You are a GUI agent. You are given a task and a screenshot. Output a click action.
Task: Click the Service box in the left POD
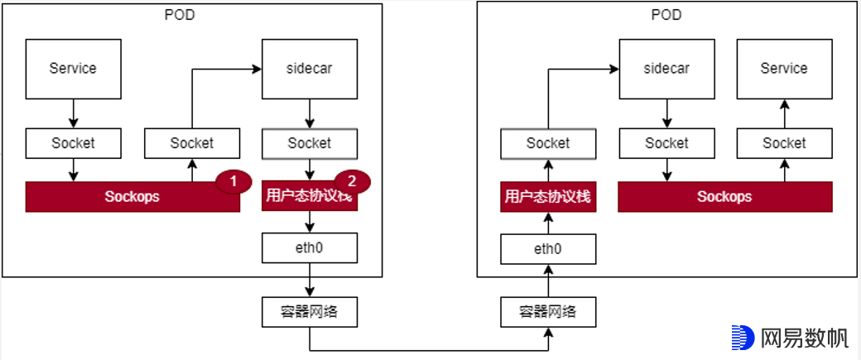point(73,69)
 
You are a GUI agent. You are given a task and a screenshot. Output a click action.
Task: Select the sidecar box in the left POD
point(310,69)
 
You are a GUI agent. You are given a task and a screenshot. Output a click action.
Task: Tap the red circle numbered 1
point(233,180)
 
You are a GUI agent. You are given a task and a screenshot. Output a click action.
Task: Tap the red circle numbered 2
point(352,180)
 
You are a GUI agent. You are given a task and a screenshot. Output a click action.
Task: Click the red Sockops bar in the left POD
point(132,197)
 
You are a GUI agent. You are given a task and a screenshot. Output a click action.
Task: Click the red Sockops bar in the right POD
point(724,197)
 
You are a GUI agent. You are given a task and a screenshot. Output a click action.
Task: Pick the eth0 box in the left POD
point(310,247)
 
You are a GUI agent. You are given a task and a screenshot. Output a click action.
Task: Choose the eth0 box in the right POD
point(547,247)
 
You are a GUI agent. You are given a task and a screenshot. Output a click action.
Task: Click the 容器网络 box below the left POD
point(310,312)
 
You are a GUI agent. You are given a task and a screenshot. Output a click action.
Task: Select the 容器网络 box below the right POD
point(547,312)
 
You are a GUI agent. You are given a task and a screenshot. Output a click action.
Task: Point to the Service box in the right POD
point(784,69)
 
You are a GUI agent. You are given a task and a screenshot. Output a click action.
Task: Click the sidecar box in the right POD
point(666,69)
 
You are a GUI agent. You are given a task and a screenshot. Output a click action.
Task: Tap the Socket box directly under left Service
point(73,143)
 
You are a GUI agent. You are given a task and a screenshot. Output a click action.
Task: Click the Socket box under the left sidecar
point(310,143)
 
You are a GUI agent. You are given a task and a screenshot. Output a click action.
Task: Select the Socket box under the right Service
point(784,143)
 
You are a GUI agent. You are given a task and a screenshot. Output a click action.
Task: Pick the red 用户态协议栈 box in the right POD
point(547,197)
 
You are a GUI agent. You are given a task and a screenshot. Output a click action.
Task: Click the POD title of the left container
point(180,14)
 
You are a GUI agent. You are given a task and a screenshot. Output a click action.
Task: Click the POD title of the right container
point(666,14)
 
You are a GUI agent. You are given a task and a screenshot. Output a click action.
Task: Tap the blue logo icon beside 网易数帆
point(743,338)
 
